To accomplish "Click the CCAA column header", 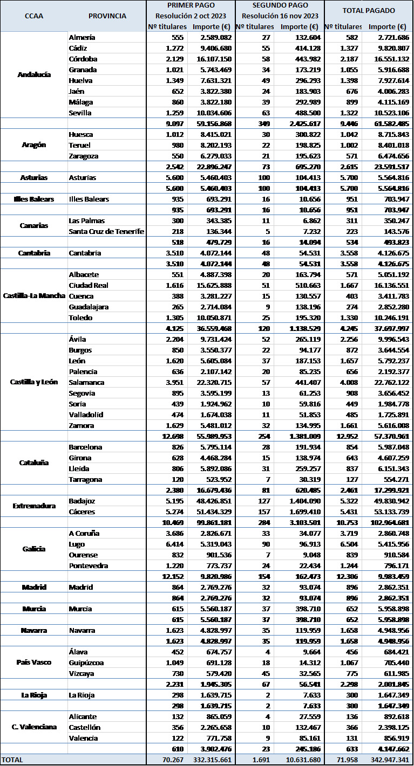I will pos(33,16).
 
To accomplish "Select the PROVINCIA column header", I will pos(107,16).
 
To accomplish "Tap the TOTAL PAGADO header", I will pos(369,10).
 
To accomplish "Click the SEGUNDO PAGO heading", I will pos(280,5).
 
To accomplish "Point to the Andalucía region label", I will pos(34,75).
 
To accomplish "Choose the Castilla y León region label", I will pos(34,382).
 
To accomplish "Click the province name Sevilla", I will pos(80,113).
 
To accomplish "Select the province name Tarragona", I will pos(85,479).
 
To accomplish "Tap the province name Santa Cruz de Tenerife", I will pos(106,231).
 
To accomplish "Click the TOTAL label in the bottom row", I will pos(13,760).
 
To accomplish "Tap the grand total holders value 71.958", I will pos(343,760).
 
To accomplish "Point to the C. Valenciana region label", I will pos(34,727).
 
